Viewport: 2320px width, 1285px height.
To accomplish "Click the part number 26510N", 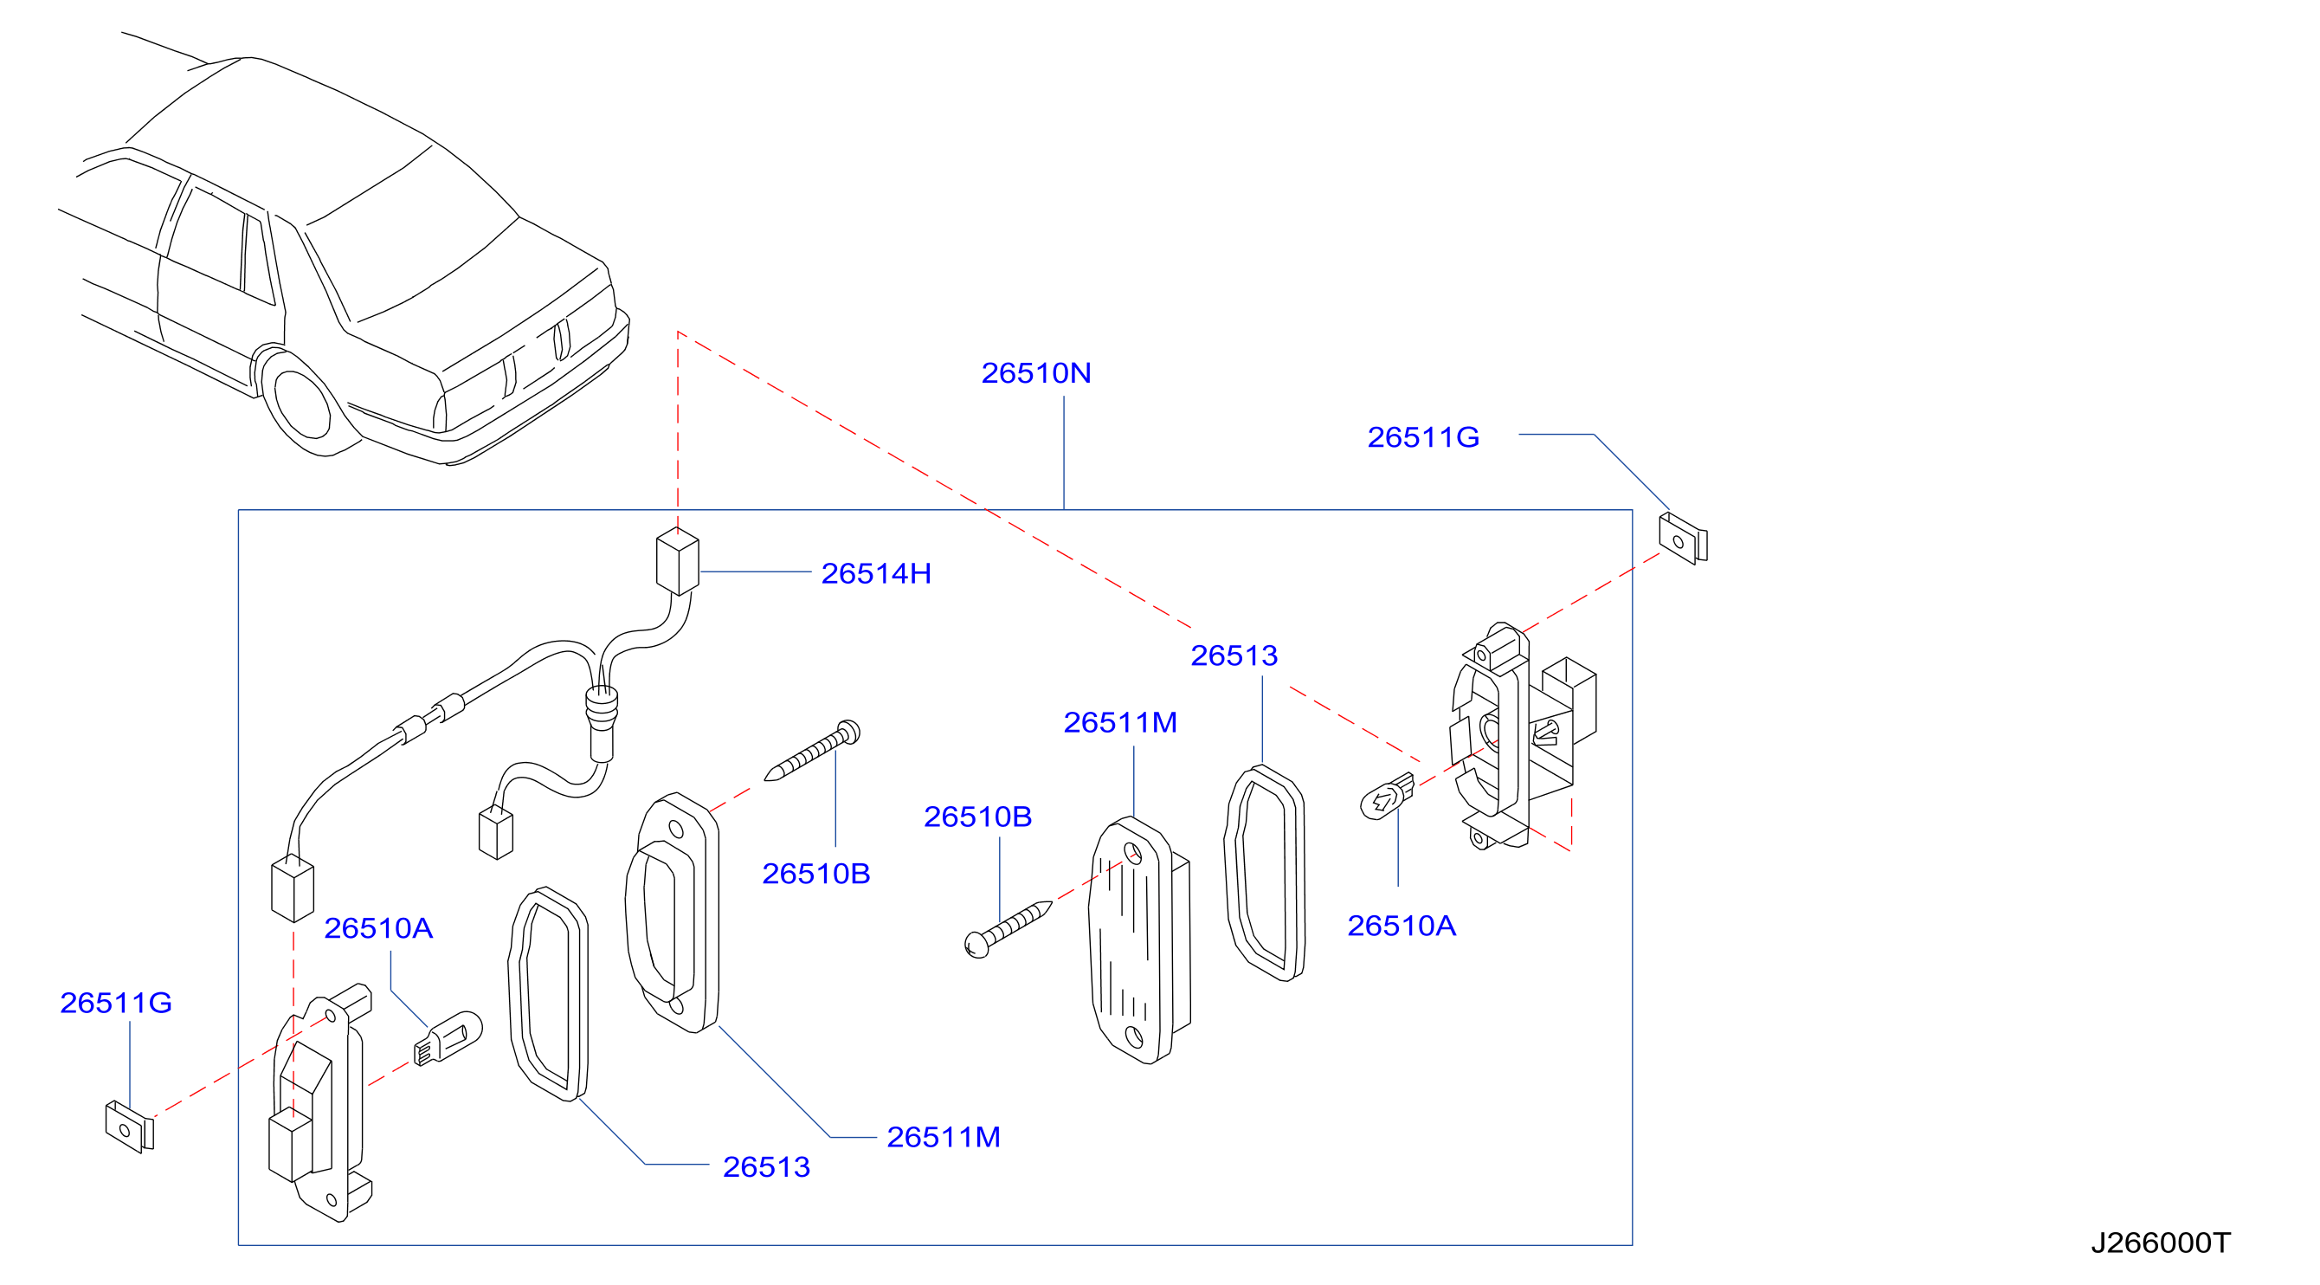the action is pos(1035,373).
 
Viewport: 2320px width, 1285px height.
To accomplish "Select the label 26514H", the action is pos(875,574).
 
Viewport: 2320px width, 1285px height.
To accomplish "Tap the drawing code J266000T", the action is pos(2160,1243).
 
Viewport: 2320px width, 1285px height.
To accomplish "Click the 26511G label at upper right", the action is pos(1423,437).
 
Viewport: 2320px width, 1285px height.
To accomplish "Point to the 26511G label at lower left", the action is pos(115,1003).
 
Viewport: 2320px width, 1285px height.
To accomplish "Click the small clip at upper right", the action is pos(1682,539).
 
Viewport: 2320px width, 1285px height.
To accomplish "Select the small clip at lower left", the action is pos(130,1127).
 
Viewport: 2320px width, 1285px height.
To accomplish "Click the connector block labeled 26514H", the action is pos(677,561).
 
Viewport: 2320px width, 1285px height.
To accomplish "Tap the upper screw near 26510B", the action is pos(812,750).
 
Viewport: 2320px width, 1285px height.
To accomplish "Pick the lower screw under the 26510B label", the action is pos(1008,929).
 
